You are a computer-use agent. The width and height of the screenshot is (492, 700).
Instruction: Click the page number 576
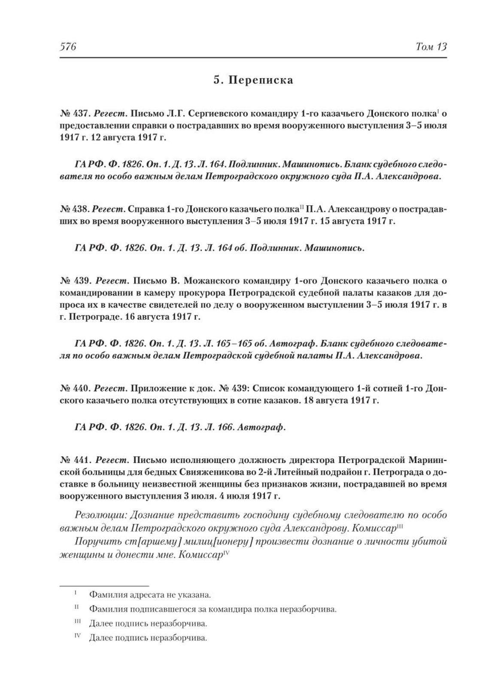[x=67, y=47]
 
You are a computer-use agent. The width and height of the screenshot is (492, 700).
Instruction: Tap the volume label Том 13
[x=431, y=47]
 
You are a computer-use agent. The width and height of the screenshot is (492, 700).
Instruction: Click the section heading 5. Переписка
[x=253, y=80]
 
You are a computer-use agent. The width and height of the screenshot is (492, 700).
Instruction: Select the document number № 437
[x=74, y=114]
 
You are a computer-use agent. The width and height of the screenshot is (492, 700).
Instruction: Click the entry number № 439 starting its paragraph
[x=74, y=281]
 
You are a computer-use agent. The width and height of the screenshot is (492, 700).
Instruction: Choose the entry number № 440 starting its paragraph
[x=74, y=388]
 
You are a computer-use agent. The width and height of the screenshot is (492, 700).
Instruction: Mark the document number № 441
[x=74, y=460]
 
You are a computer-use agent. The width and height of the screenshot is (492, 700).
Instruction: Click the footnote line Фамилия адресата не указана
[x=150, y=595]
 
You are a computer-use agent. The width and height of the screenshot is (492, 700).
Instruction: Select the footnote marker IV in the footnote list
[x=78, y=636]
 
